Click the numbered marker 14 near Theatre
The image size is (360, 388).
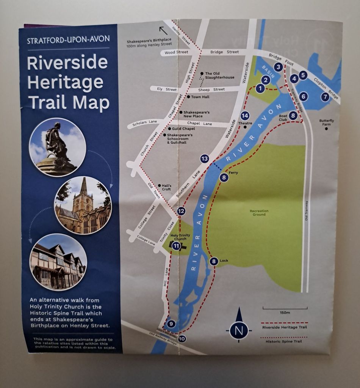[x=245, y=116]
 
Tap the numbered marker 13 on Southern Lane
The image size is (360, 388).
[x=205, y=159]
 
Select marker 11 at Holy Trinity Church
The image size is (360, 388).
[x=176, y=246]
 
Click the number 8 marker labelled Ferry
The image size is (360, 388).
[x=224, y=177]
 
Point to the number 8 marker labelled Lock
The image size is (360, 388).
[x=214, y=261]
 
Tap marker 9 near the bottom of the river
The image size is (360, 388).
[x=171, y=324]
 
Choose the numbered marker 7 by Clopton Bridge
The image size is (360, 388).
[x=325, y=97]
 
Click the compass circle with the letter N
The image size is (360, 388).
[x=239, y=330]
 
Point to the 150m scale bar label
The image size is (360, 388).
[x=285, y=313]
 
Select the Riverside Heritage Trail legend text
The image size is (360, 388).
[x=285, y=327]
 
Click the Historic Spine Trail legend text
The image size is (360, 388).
[x=285, y=341]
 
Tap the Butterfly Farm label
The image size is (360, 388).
[x=326, y=123]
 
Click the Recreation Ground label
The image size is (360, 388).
[x=259, y=213]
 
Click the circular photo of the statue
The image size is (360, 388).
[x=58, y=147]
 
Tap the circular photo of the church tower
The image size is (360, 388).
[x=83, y=205]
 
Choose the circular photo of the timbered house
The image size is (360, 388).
[x=58, y=262]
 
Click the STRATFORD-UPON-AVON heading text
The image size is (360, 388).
[x=69, y=39]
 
